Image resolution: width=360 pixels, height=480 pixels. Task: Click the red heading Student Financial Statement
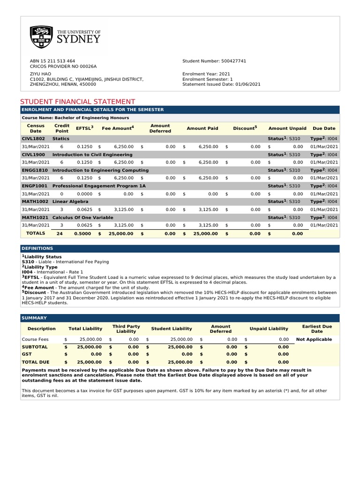(x=78, y=102)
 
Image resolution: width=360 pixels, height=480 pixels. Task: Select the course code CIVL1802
(x=33, y=139)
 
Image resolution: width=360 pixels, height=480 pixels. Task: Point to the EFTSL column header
(x=84, y=128)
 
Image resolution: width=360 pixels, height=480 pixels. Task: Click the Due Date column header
(x=323, y=128)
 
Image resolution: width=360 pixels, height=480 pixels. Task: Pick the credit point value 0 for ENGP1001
(x=61, y=194)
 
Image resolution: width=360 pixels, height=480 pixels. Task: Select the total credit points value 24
(x=60, y=233)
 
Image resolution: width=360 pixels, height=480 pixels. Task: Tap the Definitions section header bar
(x=180, y=248)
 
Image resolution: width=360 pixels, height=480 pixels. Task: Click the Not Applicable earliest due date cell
(x=314, y=339)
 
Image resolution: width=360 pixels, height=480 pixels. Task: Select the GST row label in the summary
(x=27, y=354)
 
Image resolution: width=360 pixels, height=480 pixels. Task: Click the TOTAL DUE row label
(x=36, y=362)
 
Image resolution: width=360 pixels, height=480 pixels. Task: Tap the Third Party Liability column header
(x=126, y=329)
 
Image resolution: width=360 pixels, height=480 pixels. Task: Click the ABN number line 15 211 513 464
(x=52, y=61)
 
